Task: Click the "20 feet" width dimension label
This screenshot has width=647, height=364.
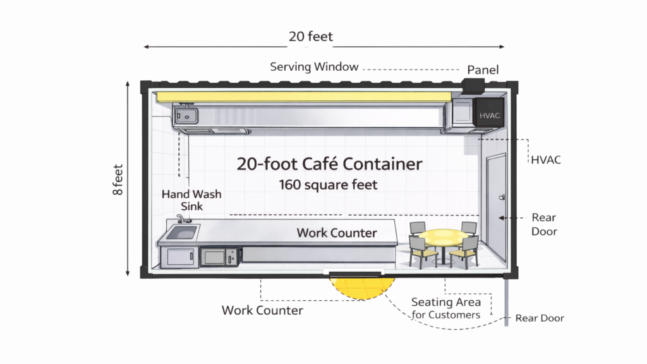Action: pyautogui.click(x=311, y=37)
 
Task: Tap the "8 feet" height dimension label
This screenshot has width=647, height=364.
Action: pyautogui.click(x=118, y=179)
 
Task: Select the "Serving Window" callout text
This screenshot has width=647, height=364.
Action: pyautogui.click(x=314, y=66)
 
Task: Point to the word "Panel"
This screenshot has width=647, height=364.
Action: pyautogui.click(x=483, y=70)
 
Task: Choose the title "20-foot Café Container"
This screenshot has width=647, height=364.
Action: pyautogui.click(x=329, y=164)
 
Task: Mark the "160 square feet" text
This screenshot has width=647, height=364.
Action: pyautogui.click(x=329, y=185)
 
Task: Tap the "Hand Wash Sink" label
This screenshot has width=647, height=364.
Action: pyautogui.click(x=191, y=200)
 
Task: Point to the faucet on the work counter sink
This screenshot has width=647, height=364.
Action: pyautogui.click(x=181, y=219)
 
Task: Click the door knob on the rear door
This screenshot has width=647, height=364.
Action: pyautogui.click(x=502, y=197)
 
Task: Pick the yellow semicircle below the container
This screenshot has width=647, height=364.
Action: pyautogui.click(x=355, y=288)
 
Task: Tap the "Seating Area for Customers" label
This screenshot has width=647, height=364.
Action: pyautogui.click(x=445, y=308)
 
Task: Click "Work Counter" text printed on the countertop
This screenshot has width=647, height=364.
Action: pyautogui.click(x=337, y=233)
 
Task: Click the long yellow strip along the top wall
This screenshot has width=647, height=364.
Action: pyautogui.click(x=303, y=97)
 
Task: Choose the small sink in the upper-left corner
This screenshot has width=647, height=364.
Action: pyautogui.click(x=186, y=116)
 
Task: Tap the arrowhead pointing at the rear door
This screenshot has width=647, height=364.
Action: pyautogui.click(x=502, y=217)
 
